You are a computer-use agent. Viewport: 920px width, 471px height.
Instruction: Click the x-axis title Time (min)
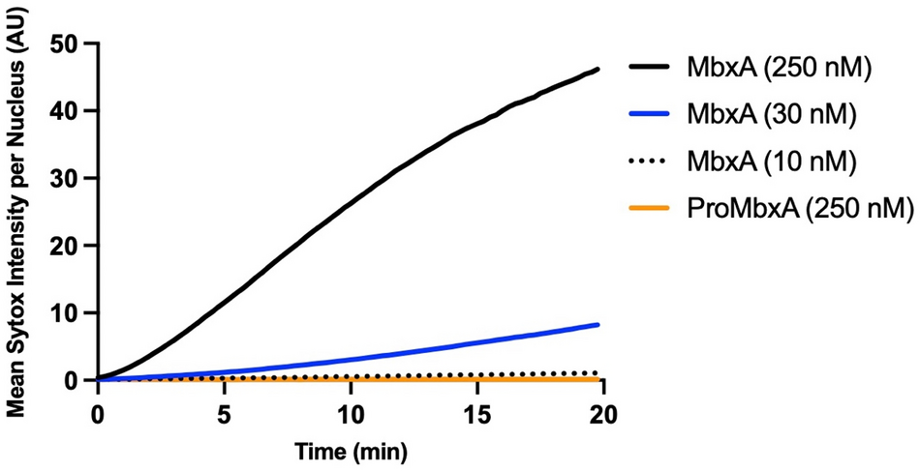coord(351,450)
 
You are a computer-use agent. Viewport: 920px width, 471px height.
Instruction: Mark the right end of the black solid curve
coord(598,69)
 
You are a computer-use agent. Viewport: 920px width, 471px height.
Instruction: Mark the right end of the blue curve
coord(598,325)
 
